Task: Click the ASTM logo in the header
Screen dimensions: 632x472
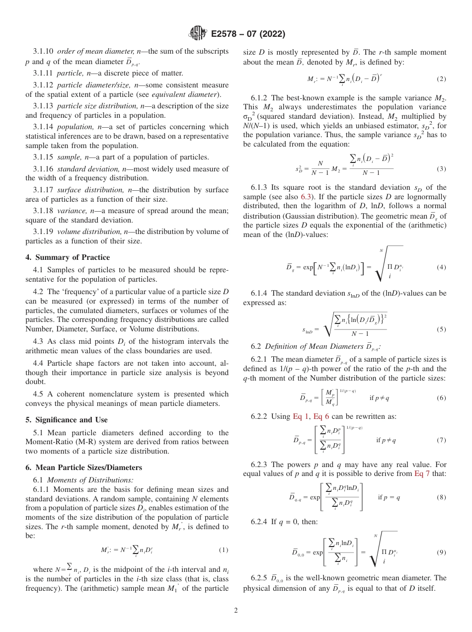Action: (197, 34)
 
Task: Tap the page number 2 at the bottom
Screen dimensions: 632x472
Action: (236, 611)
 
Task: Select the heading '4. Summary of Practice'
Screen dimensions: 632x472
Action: (68, 257)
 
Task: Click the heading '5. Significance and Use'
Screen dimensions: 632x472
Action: (67, 420)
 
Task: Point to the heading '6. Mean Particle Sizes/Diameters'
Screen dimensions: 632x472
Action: (83, 468)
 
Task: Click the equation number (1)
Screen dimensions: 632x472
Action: (224, 550)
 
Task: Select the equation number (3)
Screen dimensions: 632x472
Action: (441, 169)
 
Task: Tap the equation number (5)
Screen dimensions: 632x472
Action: (441, 329)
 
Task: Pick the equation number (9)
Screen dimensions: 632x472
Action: (441, 553)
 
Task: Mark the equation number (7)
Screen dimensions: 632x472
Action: (441, 440)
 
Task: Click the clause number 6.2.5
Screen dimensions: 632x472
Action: (260, 578)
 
